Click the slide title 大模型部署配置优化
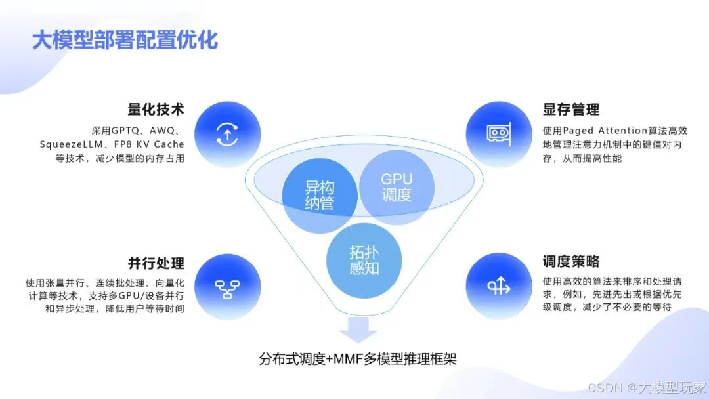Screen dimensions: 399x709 tap(125, 41)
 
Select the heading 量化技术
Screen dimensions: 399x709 tap(156, 109)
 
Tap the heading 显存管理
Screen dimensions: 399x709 tap(571, 109)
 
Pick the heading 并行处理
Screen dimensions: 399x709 tap(156, 262)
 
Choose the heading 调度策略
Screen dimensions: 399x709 tap(571, 261)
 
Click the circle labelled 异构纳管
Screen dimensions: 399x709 tap(320, 195)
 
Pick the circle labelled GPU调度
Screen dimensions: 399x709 tap(396, 186)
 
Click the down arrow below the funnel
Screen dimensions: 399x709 tap(358, 329)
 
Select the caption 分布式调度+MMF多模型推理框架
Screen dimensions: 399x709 tap(358, 359)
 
